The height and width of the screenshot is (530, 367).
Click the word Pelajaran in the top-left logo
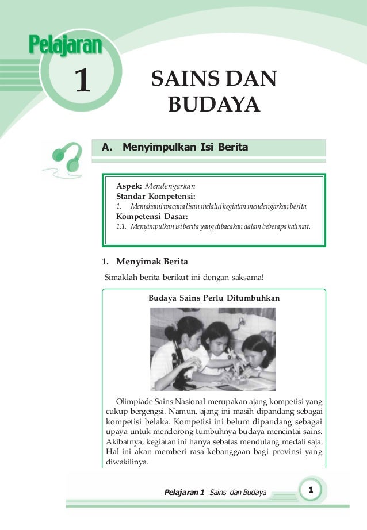tap(65, 45)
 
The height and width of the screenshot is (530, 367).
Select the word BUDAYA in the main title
tap(213, 105)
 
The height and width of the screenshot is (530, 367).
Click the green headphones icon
tap(64, 156)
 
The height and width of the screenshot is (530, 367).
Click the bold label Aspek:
tap(129, 187)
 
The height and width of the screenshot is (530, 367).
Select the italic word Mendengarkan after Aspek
tap(170, 187)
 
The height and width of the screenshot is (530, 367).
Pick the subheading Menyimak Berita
tap(152, 262)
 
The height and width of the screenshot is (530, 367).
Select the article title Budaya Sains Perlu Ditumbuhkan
tap(214, 298)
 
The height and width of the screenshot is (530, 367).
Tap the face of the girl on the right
tap(255, 352)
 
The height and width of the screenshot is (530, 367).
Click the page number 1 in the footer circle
tap(310, 490)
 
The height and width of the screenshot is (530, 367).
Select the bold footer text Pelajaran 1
tap(184, 493)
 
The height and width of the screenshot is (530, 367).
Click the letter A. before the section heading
tap(106, 148)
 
